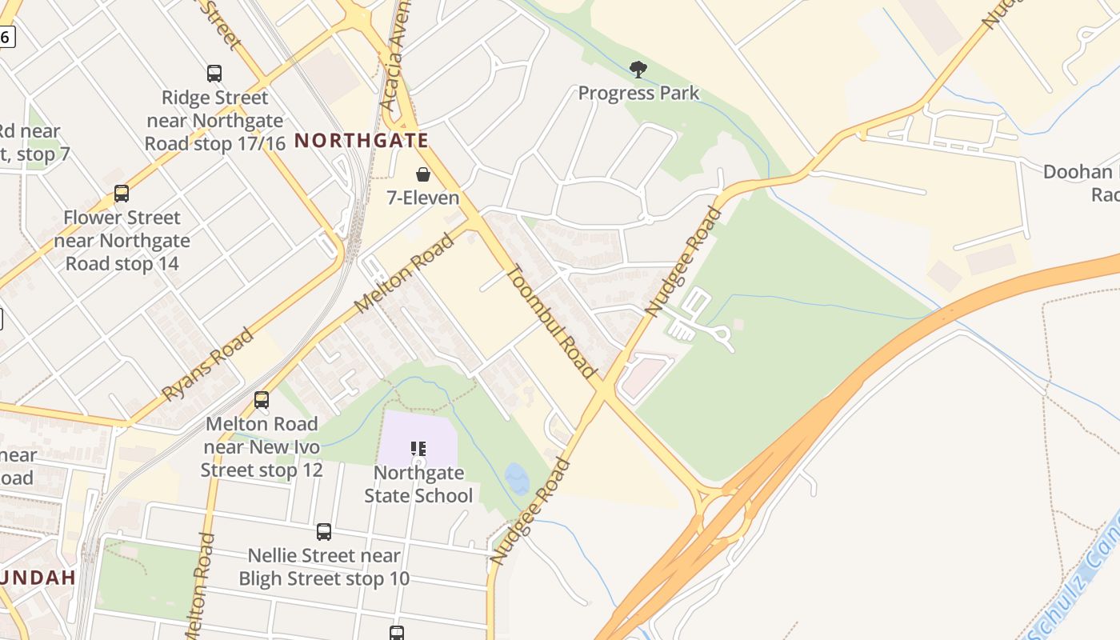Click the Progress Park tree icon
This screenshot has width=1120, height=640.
tap(638, 70)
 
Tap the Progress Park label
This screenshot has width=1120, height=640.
tap(638, 93)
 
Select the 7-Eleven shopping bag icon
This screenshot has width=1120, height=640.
tap(422, 174)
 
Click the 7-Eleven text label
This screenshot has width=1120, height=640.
tap(422, 198)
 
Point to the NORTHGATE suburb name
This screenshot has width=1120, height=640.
tap(362, 141)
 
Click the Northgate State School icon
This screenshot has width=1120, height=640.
tap(418, 449)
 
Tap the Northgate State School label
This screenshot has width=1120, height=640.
tap(418, 484)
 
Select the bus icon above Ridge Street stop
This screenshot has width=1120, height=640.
tap(214, 74)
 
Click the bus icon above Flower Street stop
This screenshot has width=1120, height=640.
tap(122, 194)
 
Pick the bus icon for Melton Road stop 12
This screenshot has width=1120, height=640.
tap(262, 400)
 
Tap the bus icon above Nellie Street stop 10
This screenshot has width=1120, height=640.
tap(323, 532)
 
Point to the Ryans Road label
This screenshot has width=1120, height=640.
tap(208, 364)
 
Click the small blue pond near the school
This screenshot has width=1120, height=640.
tap(517, 478)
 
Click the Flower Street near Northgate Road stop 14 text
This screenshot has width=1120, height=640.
tap(122, 240)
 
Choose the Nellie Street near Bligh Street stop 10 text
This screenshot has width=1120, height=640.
tap(323, 566)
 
